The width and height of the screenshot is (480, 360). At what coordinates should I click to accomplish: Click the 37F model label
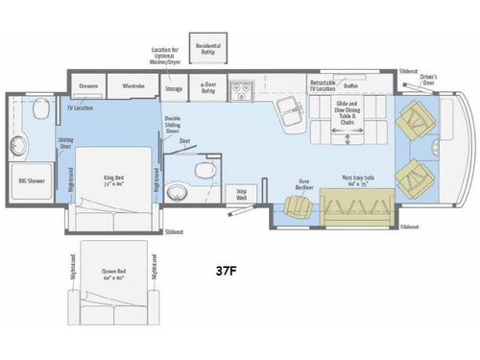pos(228,271)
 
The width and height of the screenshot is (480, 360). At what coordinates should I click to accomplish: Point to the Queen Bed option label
pos(114,274)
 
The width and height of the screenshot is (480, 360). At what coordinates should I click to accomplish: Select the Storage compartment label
pos(173,88)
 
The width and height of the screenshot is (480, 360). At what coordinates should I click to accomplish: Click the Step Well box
pos(243,193)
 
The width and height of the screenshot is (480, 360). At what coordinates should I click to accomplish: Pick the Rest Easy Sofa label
pos(357,179)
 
